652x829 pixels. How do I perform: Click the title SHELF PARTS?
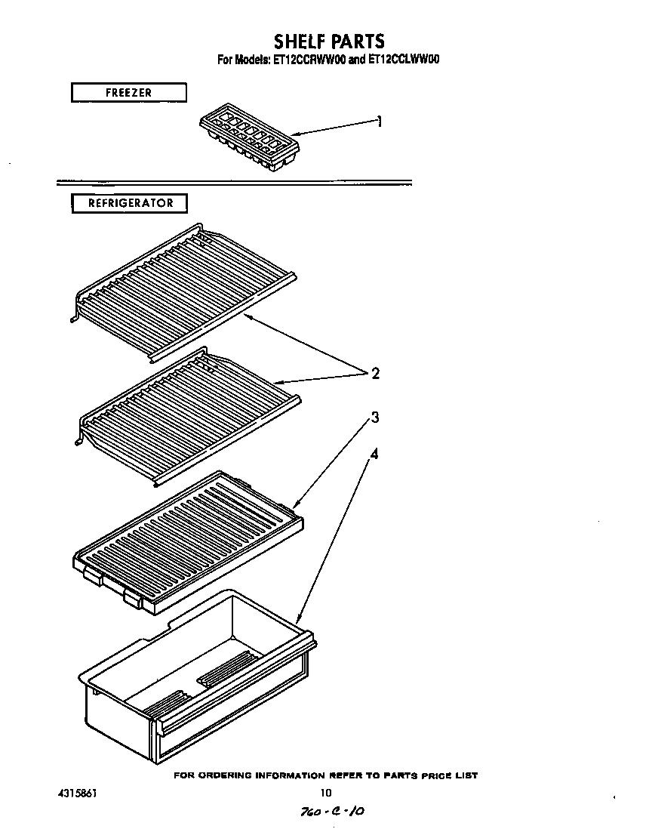tap(328, 41)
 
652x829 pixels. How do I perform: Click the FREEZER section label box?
tap(128, 93)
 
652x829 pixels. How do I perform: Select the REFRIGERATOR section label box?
tap(129, 203)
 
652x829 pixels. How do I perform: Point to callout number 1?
tap(380, 121)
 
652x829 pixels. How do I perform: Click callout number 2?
tap(375, 374)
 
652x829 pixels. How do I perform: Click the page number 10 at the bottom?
tap(325, 793)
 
